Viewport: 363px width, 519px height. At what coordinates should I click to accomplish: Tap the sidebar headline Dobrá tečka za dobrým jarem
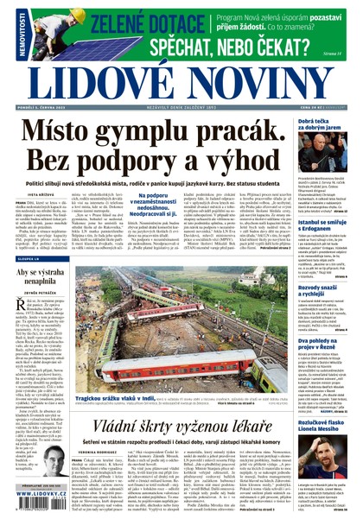click(325, 126)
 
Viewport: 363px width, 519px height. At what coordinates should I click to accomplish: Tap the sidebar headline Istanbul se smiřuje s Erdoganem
click(325, 227)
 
